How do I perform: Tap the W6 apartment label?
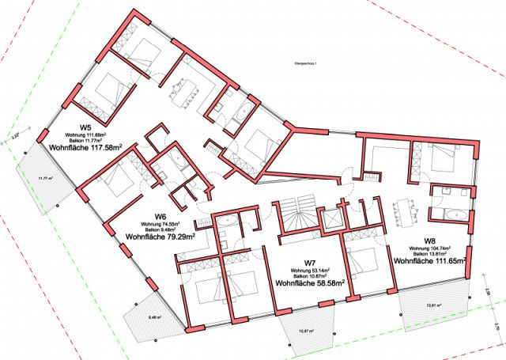click(x=160, y=217)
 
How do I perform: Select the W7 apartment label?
click(x=310, y=263)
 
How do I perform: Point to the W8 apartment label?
click(x=430, y=241)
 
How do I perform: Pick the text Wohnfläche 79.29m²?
click(x=160, y=237)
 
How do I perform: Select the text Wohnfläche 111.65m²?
click(x=430, y=260)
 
